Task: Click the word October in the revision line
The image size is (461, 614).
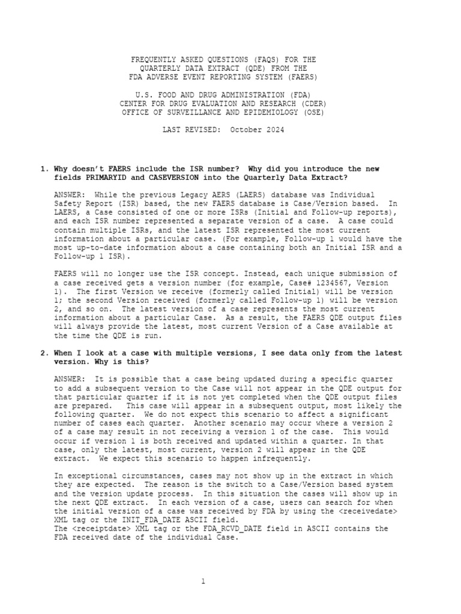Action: click(247, 130)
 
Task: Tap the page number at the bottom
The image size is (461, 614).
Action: click(203, 581)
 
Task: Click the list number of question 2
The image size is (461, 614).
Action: click(44, 353)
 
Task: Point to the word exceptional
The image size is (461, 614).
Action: click(90, 475)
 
